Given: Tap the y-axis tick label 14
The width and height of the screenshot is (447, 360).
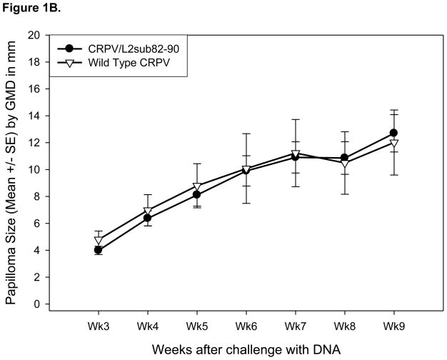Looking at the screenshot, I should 33,116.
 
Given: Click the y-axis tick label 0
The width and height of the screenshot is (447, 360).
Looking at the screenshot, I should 36,304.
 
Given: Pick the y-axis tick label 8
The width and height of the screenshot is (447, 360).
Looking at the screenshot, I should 36,196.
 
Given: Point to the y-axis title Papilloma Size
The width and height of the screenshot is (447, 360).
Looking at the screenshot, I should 12,169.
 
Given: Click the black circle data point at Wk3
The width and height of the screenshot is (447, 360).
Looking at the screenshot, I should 99,250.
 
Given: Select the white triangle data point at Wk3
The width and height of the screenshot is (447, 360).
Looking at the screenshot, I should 99,241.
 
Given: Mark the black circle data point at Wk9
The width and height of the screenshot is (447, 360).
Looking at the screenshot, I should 393,133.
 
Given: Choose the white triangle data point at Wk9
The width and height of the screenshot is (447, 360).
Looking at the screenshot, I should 393,143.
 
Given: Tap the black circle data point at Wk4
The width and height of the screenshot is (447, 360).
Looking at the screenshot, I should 148,218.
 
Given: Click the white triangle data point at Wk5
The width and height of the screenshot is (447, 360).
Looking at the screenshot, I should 197,186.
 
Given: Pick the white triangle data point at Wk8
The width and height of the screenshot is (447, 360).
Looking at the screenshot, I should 344,163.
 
